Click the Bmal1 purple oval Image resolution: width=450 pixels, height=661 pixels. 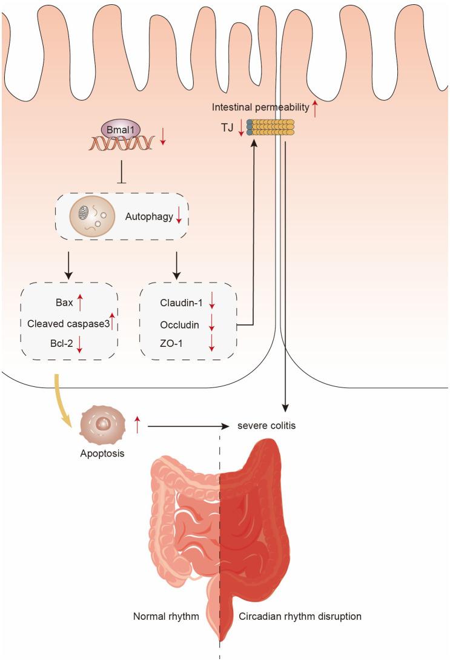pyautogui.click(x=121, y=130)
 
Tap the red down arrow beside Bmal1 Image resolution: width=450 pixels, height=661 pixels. pyautogui.click(x=163, y=137)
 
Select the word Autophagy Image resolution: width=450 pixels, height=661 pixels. pyautogui.click(x=149, y=216)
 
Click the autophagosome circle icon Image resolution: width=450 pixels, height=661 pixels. pyautogui.click(x=92, y=216)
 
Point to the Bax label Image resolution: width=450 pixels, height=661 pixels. pyautogui.click(x=64, y=303)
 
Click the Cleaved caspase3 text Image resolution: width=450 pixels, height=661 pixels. pyautogui.click(x=68, y=324)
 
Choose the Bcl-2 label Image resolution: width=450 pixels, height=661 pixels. pyautogui.click(x=61, y=343)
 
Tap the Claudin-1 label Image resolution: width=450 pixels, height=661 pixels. pyautogui.click(x=181, y=303)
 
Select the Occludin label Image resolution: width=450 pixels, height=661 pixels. pyautogui.click(x=179, y=325)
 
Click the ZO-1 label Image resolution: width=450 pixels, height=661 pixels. pyautogui.click(x=171, y=343)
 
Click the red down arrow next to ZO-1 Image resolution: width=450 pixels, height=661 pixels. pyautogui.click(x=212, y=343)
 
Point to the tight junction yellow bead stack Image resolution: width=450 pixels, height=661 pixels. pyautogui.click(x=270, y=127)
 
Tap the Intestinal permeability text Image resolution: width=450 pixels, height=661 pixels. pyautogui.click(x=260, y=107)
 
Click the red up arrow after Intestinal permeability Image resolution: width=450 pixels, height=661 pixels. pyautogui.click(x=315, y=109)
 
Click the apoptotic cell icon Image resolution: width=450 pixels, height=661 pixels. pyautogui.click(x=102, y=425)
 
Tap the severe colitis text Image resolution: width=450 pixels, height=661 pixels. pyautogui.click(x=266, y=426)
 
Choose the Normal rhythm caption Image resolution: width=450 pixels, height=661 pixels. pyautogui.click(x=166, y=616)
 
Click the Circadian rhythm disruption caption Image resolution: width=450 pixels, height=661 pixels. pyautogui.click(x=300, y=616)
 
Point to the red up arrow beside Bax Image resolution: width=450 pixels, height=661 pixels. pyautogui.click(x=80, y=303)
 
